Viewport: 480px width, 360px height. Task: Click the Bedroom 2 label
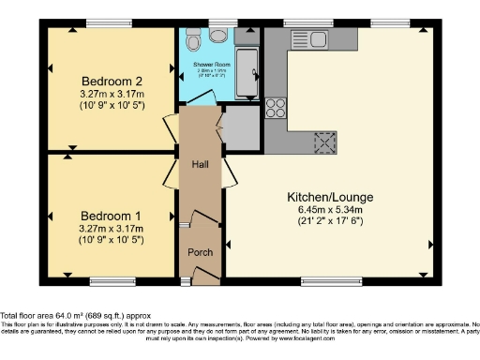coord(110,79)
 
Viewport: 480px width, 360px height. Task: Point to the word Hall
coord(200,163)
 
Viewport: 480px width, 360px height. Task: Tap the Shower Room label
coord(211,64)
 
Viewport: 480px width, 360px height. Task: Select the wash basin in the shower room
coord(218,36)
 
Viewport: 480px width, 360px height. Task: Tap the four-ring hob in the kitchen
coord(277,107)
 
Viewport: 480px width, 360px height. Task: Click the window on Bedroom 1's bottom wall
coord(105,279)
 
